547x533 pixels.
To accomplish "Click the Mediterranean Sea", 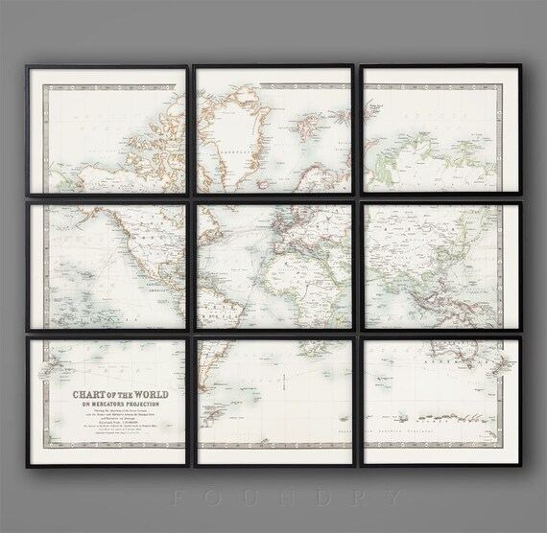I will pos(312,241).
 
